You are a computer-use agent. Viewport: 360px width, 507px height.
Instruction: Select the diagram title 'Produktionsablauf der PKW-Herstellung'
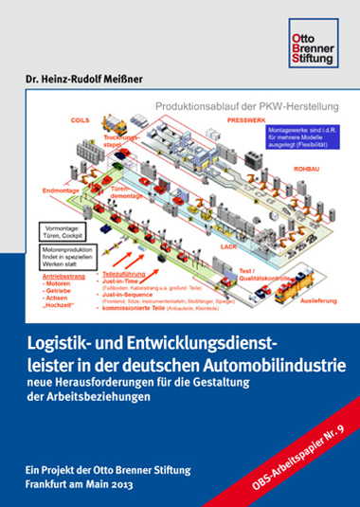coord(221,107)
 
